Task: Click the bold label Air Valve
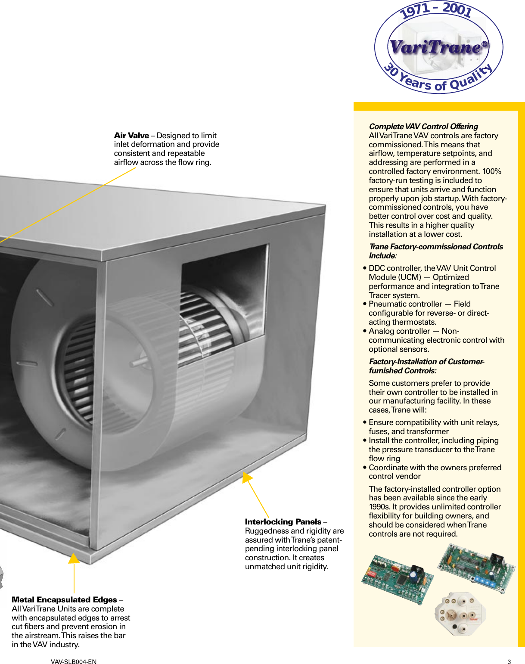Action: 131,136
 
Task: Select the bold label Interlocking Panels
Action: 283,522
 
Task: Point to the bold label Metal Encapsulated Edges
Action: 64,600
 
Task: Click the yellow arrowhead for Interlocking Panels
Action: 246,477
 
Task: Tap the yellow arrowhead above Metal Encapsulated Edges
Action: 74,559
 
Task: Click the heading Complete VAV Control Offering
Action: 423,127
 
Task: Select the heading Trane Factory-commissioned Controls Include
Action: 435,251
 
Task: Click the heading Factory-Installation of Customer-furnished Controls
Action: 426,366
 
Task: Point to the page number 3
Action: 509,662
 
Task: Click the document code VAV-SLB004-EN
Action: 74,662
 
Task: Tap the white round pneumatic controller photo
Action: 460,614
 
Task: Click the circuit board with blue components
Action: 476,568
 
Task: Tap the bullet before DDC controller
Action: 365,268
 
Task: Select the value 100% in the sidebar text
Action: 492,171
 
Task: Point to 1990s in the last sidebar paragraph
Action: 379,507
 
